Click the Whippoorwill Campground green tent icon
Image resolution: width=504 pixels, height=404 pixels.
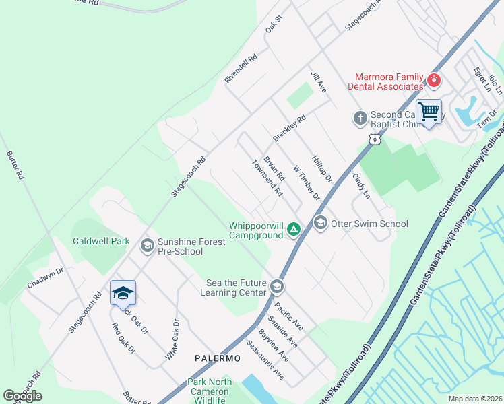point(294,230)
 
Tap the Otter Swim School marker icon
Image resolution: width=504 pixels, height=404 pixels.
point(320,222)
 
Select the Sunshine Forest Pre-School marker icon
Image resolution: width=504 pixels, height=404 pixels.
point(147,246)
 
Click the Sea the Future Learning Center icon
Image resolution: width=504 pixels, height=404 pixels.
point(276,288)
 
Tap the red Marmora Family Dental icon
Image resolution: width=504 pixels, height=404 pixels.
point(433,81)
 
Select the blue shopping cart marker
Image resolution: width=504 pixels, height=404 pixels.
point(429,112)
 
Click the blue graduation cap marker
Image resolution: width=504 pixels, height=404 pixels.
point(123,293)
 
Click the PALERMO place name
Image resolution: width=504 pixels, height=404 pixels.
point(218,358)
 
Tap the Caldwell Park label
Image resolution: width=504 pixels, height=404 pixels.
point(101,240)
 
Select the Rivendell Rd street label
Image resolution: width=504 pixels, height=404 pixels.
point(241,69)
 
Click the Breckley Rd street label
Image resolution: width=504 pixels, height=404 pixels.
point(289,127)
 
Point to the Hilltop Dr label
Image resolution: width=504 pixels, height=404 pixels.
point(323,168)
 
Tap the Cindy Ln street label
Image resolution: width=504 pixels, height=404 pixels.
point(362,186)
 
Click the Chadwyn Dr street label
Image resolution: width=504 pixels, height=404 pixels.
point(45,278)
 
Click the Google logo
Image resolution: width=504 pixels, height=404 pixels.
point(22,396)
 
